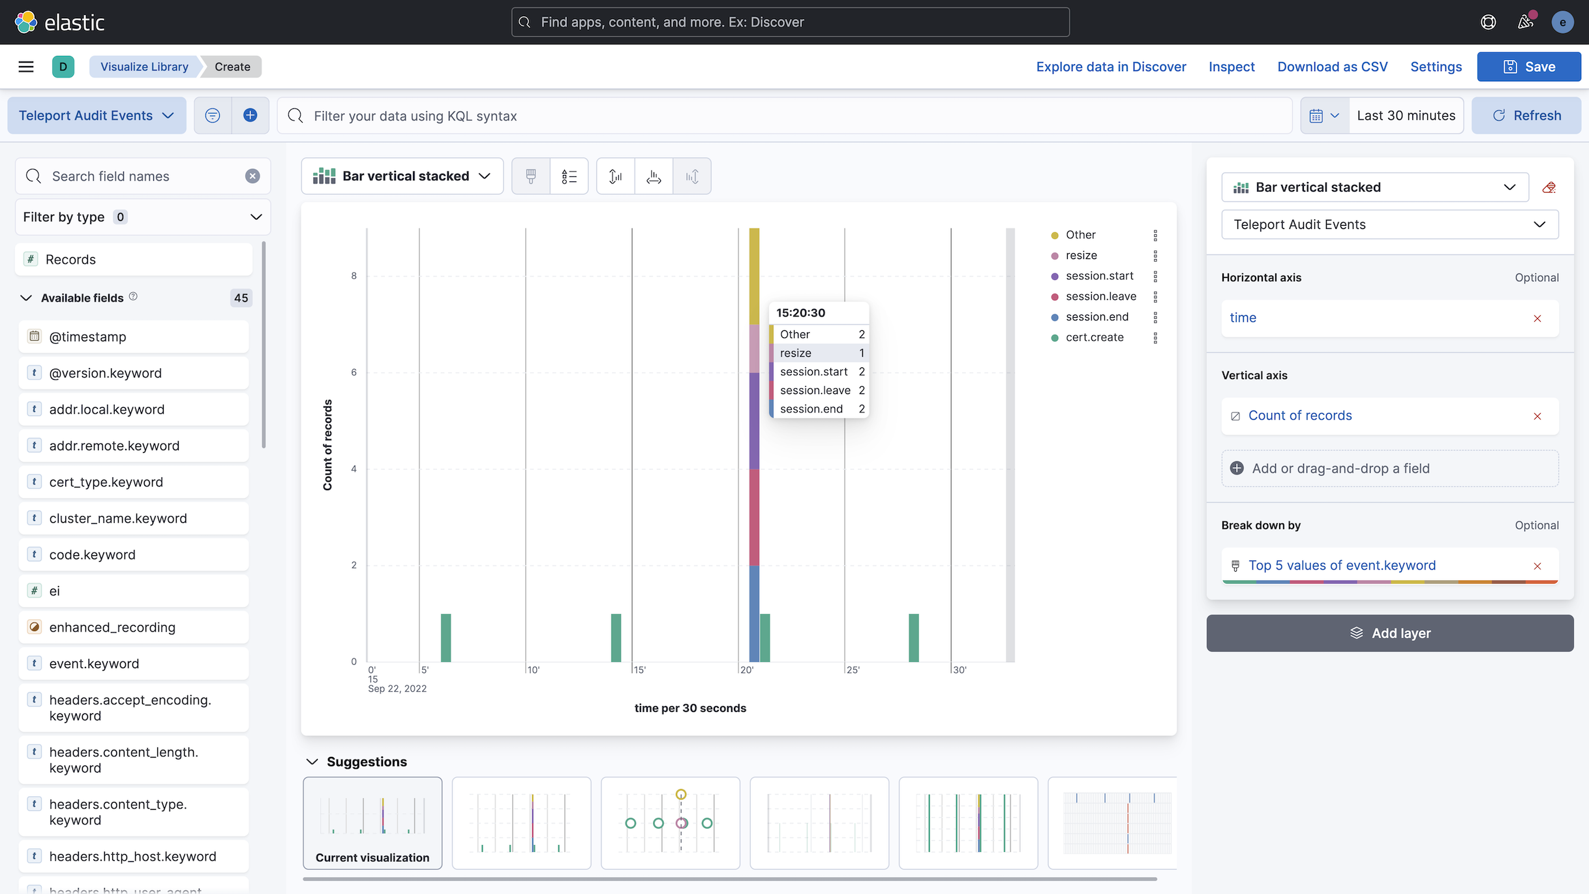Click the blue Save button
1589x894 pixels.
pyautogui.click(x=1528, y=67)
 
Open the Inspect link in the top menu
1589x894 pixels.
pyautogui.click(x=1231, y=67)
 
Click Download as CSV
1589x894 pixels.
pyautogui.click(x=1332, y=67)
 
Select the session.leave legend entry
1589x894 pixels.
pyautogui.click(x=1100, y=296)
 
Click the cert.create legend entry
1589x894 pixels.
pyautogui.click(x=1094, y=337)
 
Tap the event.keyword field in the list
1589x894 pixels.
pyautogui.click(x=94, y=664)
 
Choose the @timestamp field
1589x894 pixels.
pyautogui.click(x=87, y=337)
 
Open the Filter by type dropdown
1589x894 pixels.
pyautogui.click(x=142, y=217)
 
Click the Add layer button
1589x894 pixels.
pyautogui.click(x=1389, y=633)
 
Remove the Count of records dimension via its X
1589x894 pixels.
pyautogui.click(x=1537, y=416)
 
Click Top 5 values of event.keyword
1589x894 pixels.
pyautogui.click(x=1342, y=566)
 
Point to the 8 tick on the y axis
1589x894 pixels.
pyautogui.click(x=354, y=276)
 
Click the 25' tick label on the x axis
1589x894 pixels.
pyautogui.click(x=853, y=670)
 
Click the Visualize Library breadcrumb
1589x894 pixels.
pyautogui.click(x=144, y=67)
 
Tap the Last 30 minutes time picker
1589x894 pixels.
pyautogui.click(x=1406, y=116)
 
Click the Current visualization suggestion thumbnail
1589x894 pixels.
pyautogui.click(x=372, y=822)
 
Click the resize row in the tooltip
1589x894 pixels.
pyautogui.click(x=819, y=353)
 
